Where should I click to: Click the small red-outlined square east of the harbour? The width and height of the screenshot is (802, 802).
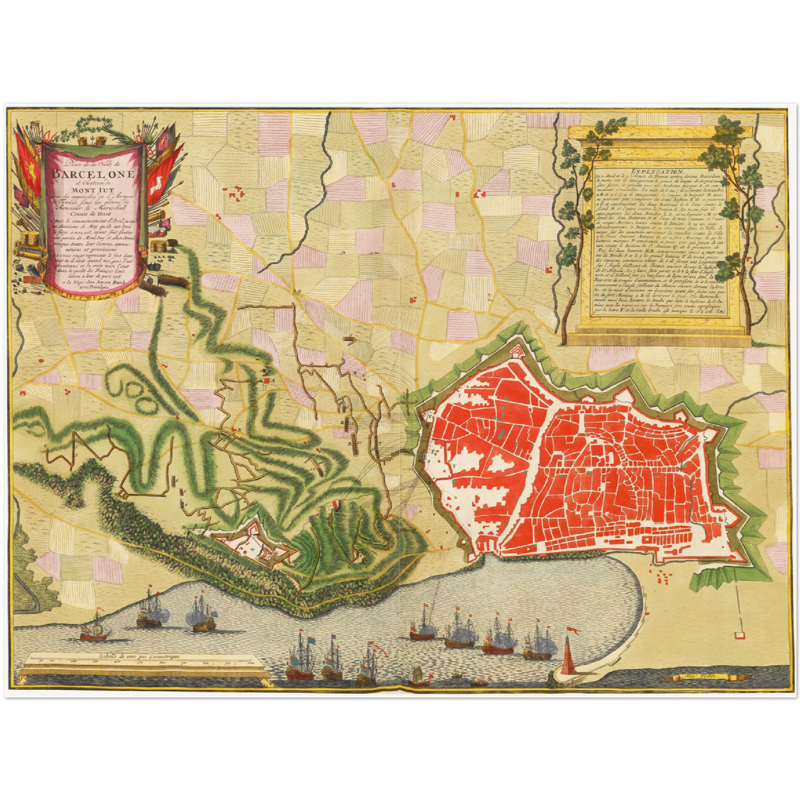738,634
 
